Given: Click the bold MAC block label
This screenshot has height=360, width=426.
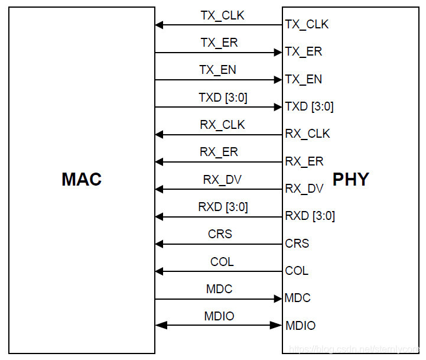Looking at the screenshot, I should point(82,180).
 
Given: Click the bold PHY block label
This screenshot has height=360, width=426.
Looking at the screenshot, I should point(351,180).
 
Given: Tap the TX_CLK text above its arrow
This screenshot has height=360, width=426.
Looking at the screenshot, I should point(222,15).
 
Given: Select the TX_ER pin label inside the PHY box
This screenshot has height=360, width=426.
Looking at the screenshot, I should point(303,52).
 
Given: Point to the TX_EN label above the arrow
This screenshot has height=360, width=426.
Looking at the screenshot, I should point(218,70).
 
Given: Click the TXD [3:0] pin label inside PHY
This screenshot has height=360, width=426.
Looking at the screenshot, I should point(309,107).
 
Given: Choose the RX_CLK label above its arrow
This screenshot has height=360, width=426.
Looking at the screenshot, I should point(222,125).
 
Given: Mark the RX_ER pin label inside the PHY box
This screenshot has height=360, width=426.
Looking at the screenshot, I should point(304,161).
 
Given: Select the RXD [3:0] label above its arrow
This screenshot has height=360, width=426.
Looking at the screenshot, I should point(223,207).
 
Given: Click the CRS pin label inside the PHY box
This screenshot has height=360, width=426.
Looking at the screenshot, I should point(297,244).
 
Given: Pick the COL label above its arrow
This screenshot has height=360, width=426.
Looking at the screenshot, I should point(222,261).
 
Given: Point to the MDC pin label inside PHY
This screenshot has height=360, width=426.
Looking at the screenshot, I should point(297,298).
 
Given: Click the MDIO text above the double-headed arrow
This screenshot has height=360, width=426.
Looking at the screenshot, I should point(220,316).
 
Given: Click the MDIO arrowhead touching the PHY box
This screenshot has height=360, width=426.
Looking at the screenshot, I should point(277,325).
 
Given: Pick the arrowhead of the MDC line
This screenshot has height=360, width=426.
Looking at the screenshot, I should point(278,299).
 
